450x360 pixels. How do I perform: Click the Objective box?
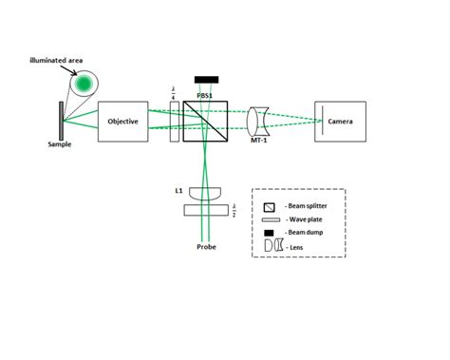pos(124,122)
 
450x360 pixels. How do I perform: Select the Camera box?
pos(341,122)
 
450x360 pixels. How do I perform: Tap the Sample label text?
pos(60,145)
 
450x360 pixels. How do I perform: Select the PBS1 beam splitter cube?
pos(204,122)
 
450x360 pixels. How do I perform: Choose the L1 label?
pos(178,190)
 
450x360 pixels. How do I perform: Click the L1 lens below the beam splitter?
pos(204,193)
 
